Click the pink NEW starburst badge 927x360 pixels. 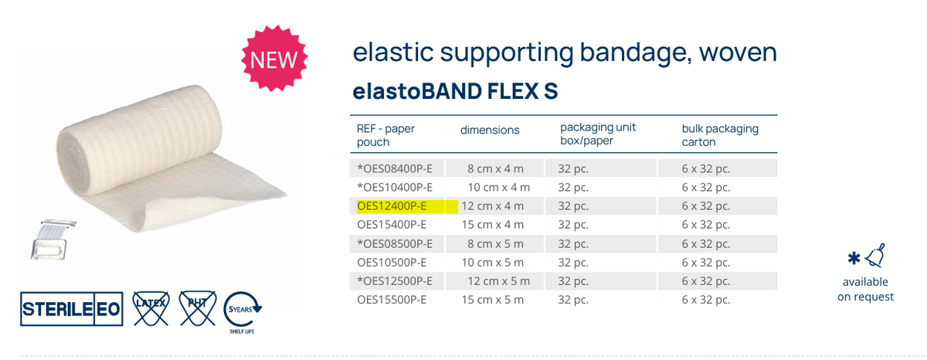275,58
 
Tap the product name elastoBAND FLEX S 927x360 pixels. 455,91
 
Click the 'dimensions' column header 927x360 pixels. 490,130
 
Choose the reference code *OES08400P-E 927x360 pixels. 395,168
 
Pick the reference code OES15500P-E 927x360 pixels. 392,300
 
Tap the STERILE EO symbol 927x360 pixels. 70,308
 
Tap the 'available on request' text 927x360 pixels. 865,289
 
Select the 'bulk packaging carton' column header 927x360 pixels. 709,135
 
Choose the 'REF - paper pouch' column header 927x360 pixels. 385,135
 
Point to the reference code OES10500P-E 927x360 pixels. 392,263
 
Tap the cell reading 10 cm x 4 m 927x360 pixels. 499,187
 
